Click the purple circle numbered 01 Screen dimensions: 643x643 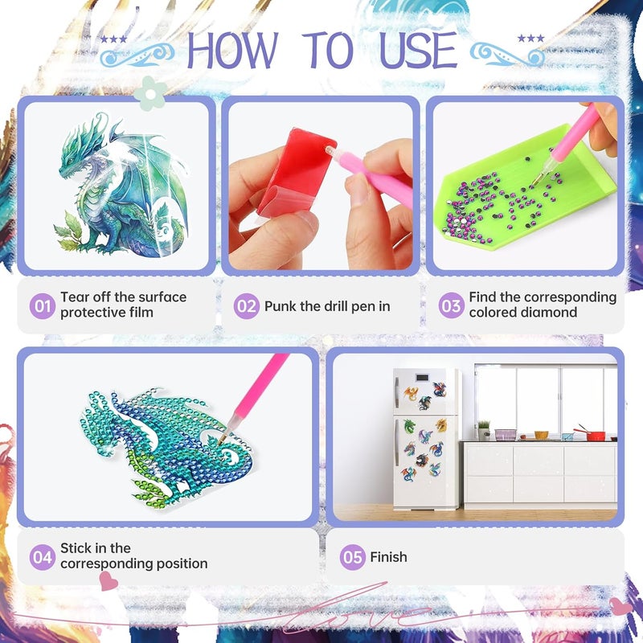pyautogui.click(x=43, y=306)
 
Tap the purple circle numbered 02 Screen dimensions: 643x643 pyautogui.click(x=247, y=306)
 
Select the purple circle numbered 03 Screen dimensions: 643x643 pyautogui.click(x=451, y=305)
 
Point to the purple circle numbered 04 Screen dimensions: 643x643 pyautogui.click(x=43, y=557)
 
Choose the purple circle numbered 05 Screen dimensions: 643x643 pyautogui.click(x=352, y=557)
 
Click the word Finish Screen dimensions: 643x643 pyautogui.click(x=388, y=557)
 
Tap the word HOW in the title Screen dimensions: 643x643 pyautogui.click(x=232, y=50)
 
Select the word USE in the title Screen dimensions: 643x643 pyautogui.click(x=418, y=50)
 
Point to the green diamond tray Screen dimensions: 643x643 pyautogui.click(x=529, y=189)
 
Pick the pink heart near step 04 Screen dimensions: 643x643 pyautogui.click(x=109, y=580)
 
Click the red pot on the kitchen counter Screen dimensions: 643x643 pyautogui.click(x=595, y=435)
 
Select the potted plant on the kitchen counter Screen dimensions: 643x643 pyautogui.click(x=484, y=430)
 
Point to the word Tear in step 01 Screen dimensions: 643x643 pyautogui.click(x=75, y=297)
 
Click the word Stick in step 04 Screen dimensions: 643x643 pyautogui.click(x=75, y=548)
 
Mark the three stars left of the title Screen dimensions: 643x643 pyautogui.click(x=113, y=39)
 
